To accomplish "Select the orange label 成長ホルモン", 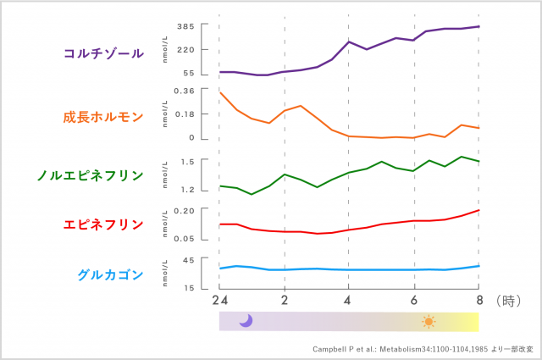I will (103, 117).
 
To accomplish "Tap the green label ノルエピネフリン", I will (90, 176).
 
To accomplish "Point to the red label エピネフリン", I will (103, 224).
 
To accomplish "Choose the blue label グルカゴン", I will (110, 274).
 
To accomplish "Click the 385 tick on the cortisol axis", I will (186, 27).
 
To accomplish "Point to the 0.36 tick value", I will (184, 91).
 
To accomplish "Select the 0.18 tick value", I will (184, 114).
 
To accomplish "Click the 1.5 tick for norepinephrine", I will (187, 161).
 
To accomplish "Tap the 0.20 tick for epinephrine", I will (184, 210).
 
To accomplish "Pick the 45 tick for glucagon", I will (189, 260).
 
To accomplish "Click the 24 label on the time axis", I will (219, 300).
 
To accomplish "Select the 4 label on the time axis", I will (349, 300).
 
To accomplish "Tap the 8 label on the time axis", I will (478, 300).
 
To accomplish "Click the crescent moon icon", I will (246, 320).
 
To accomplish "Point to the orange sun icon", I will (429, 321).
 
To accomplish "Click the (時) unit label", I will (506, 300).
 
